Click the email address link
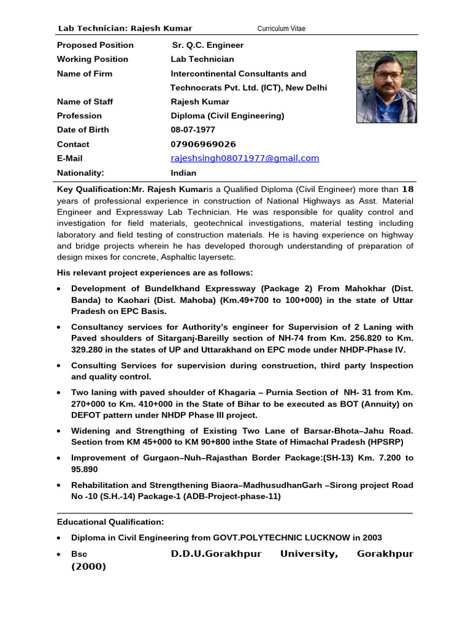coord(245,158)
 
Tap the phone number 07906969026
coord(203,144)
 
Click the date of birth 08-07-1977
coord(193,130)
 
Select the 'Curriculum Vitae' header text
coord(281,29)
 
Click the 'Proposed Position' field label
coord(95,45)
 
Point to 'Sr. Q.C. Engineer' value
coord(207,45)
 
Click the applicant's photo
coord(386,86)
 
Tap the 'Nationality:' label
coord(80,173)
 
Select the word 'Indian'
coord(183,173)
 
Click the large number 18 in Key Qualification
coord(407,189)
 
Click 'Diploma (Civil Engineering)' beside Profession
coord(227,116)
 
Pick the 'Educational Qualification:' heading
coord(110,522)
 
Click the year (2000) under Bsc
coord(88,567)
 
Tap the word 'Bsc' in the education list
coord(79,554)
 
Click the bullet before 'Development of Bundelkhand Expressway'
coord(58,288)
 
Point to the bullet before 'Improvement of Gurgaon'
coord(58,458)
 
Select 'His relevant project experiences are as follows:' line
coord(155,273)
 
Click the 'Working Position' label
coord(93,59)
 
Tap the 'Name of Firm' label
coord(85,74)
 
